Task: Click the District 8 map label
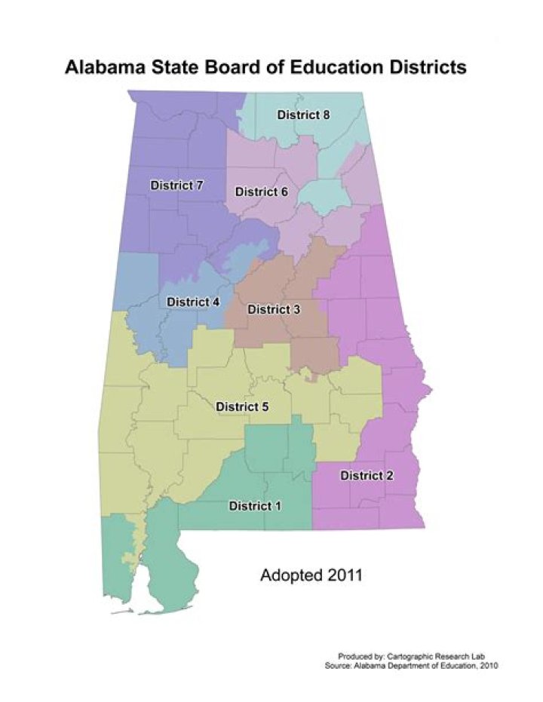[x=303, y=115]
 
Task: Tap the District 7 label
[x=177, y=185]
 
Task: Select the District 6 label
[x=261, y=192]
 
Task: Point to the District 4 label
[x=193, y=302]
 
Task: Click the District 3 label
[x=274, y=309]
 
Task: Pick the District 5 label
[x=242, y=407]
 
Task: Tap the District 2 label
[x=367, y=476]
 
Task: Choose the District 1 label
[x=255, y=506]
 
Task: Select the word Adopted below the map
[x=287, y=576]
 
